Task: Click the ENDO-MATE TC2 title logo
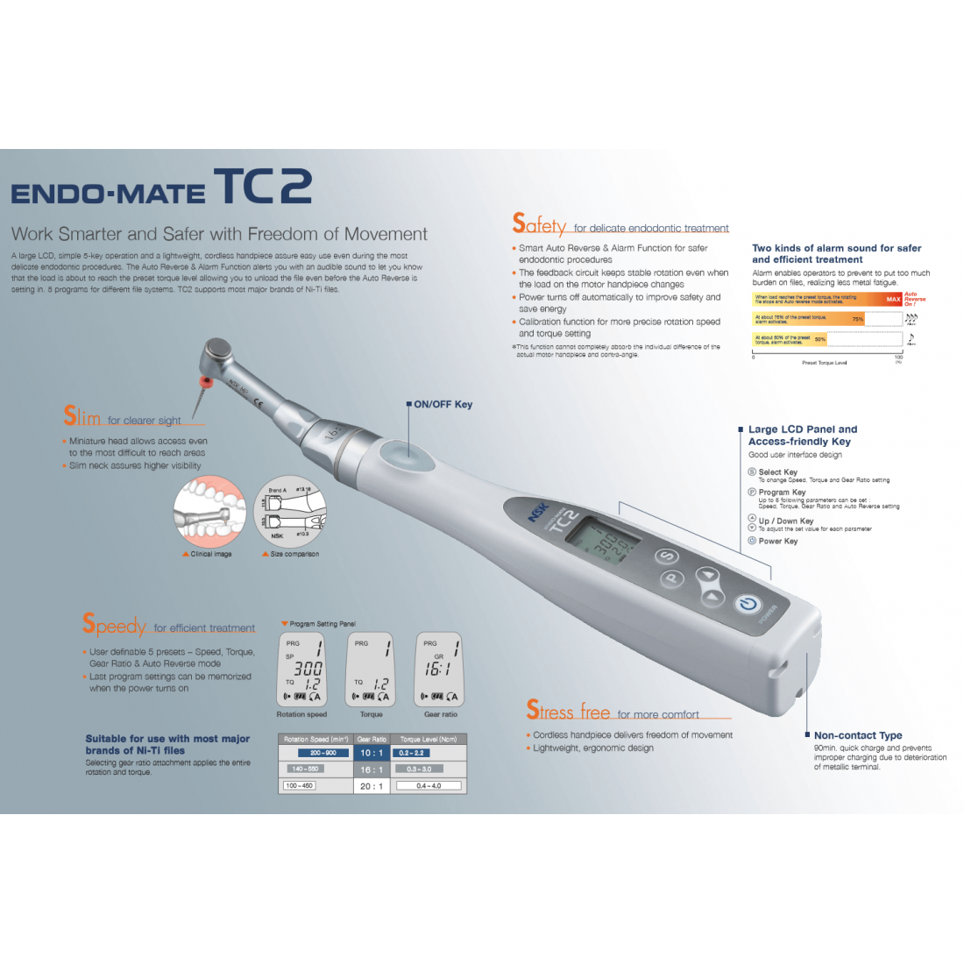pos(162,188)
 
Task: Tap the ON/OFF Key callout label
pos(443,404)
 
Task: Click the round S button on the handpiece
pos(668,556)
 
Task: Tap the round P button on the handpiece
pos(672,578)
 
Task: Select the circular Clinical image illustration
pos(209,513)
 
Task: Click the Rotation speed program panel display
pos(301,670)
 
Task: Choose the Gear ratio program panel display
pos(439,670)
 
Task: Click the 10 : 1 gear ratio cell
pos(372,753)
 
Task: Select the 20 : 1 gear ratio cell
pos(372,786)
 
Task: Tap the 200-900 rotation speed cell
pos(323,753)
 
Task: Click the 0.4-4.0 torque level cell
pos(429,786)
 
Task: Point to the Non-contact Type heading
pos(857,735)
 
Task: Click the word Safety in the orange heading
pos(540,225)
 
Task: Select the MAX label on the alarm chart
pos(892,299)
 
